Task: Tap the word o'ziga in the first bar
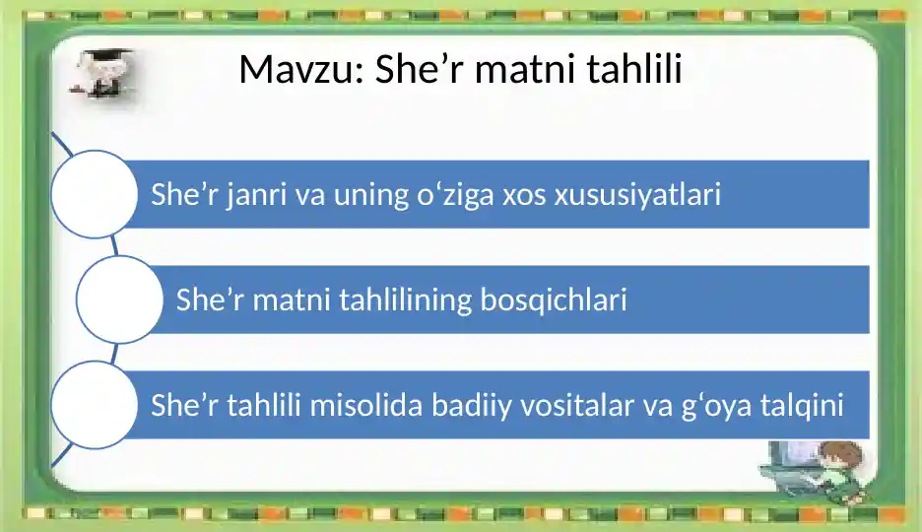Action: pos(456,195)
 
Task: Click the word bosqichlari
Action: pos(554,299)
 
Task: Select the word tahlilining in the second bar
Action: pos(406,299)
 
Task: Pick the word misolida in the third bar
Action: pos(366,405)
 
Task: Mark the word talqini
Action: pos(802,406)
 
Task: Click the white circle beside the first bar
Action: pos(95,194)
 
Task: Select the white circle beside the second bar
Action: pos(119,299)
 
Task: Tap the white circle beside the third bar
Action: pos(95,405)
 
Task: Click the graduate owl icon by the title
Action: pos(103,73)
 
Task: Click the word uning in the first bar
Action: pos(371,196)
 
